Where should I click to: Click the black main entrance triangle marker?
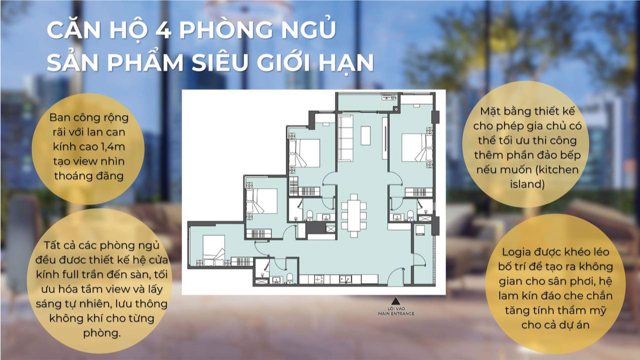tap(395, 301)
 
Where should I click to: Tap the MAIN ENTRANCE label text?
tap(396, 314)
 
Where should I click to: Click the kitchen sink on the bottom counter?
tap(344, 279)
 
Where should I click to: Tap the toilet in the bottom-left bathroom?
tap(288, 279)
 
